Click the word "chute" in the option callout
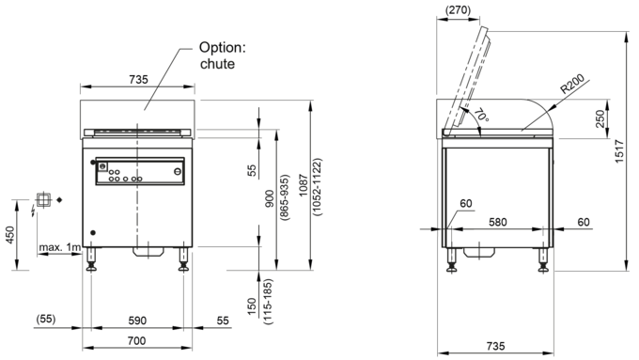point(217,64)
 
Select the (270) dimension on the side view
point(458,9)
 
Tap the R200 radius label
point(572,84)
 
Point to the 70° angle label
point(481,115)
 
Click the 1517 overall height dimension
point(619,151)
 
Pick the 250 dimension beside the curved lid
point(600,118)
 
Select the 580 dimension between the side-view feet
point(498,222)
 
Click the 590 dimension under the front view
point(137,321)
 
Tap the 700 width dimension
point(136,340)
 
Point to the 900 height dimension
point(270,198)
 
